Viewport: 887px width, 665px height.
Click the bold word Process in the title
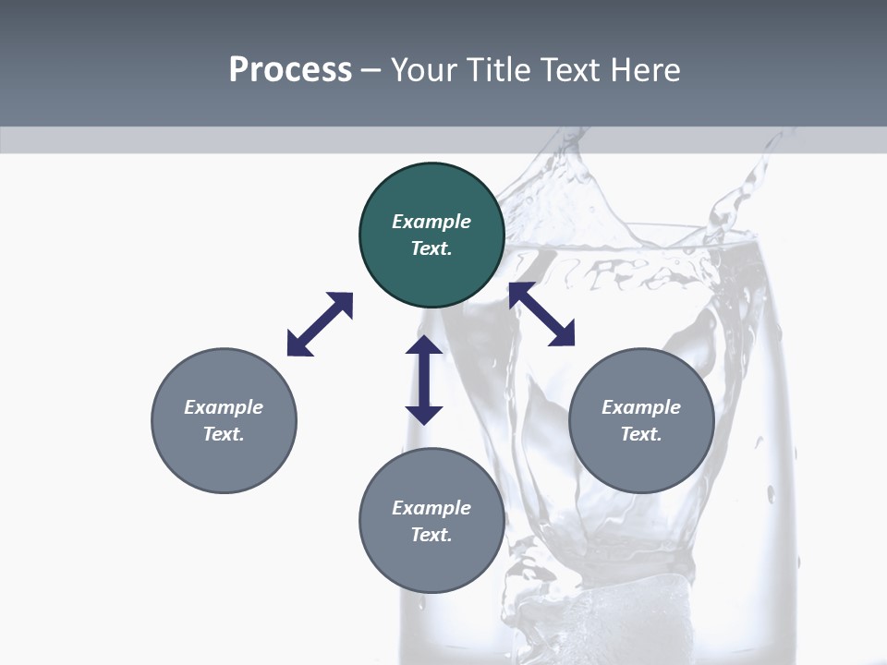click(x=290, y=69)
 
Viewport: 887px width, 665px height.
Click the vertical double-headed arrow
click(x=424, y=381)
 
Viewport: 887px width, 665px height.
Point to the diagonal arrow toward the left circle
click(x=320, y=324)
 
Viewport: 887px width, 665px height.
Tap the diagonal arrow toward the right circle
click(x=542, y=315)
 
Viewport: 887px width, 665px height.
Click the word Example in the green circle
click(x=431, y=222)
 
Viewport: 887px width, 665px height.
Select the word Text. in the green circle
click(x=431, y=248)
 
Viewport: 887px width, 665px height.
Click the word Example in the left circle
click(x=224, y=407)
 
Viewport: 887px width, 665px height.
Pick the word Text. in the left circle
click(x=224, y=434)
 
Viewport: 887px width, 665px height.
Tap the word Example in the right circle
click(x=641, y=407)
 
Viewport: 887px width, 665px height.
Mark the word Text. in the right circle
click(x=641, y=434)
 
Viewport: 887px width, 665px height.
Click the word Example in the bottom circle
click(x=431, y=508)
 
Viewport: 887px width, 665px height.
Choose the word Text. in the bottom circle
click(x=431, y=535)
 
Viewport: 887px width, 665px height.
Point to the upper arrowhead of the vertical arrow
click(x=424, y=346)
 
